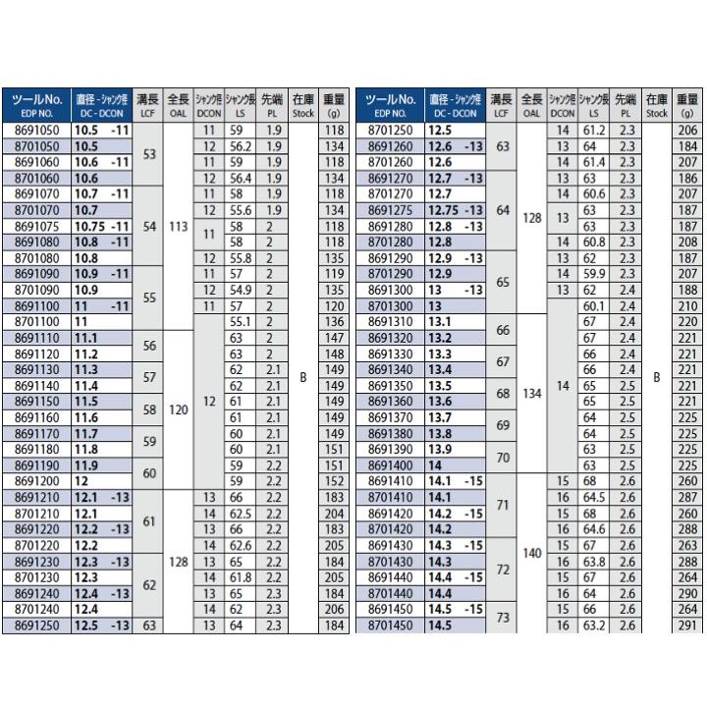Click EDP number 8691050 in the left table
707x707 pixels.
click(x=36, y=130)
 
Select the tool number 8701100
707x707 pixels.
click(x=36, y=320)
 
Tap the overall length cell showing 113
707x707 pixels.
click(x=178, y=225)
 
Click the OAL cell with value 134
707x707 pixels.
click(x=531, y=394)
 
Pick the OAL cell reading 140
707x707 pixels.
click(x=531, y=553)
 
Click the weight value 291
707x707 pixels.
click(x=688, y=624)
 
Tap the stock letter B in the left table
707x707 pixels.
click(x=303, y=376)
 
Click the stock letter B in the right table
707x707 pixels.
click(x=657, y=376)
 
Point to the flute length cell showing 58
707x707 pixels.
click(x=149, y=408)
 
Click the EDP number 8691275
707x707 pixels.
click(x=390, y=209)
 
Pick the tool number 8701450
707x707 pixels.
click(x=390, y=624)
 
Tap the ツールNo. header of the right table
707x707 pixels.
click(x=390, y=104)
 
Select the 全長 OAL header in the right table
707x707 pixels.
click(x=531, y=104)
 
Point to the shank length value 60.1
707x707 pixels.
click(x=591, y=305)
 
